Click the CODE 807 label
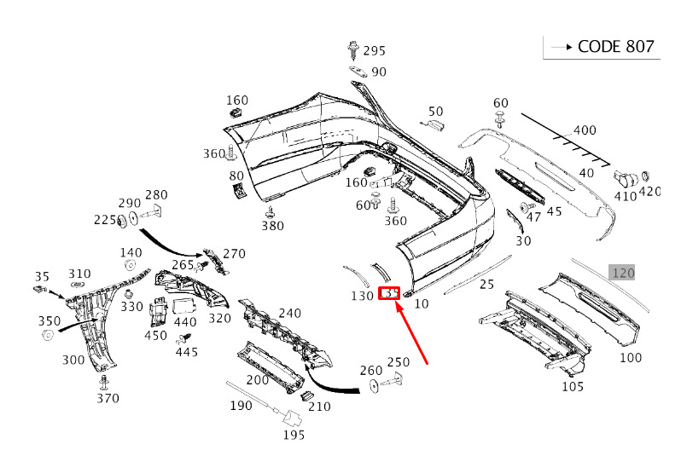coord(616,46)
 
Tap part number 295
coord(374,51)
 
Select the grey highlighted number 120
coord(623,273)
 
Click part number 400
coord(585,130)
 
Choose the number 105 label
coord(573,386)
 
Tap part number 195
coord(294,436)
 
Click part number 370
coord(107,398)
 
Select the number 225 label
coord(105,221)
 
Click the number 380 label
coord(272,226)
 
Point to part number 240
coord(289,314)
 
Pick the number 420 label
coord(650,192)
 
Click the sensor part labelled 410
coord(626,177)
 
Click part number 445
coord(186,352)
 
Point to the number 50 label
coord(435,112)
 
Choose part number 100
coord(631,358)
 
